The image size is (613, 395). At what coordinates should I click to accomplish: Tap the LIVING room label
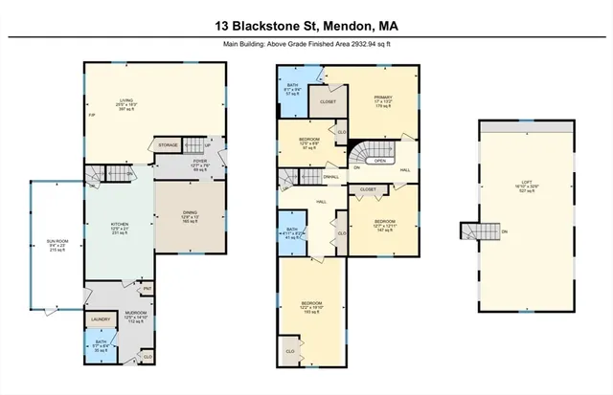point(125,99)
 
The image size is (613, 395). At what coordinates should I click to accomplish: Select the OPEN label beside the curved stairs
point(380,161)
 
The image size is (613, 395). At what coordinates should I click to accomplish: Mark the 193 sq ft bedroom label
point(309,305)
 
